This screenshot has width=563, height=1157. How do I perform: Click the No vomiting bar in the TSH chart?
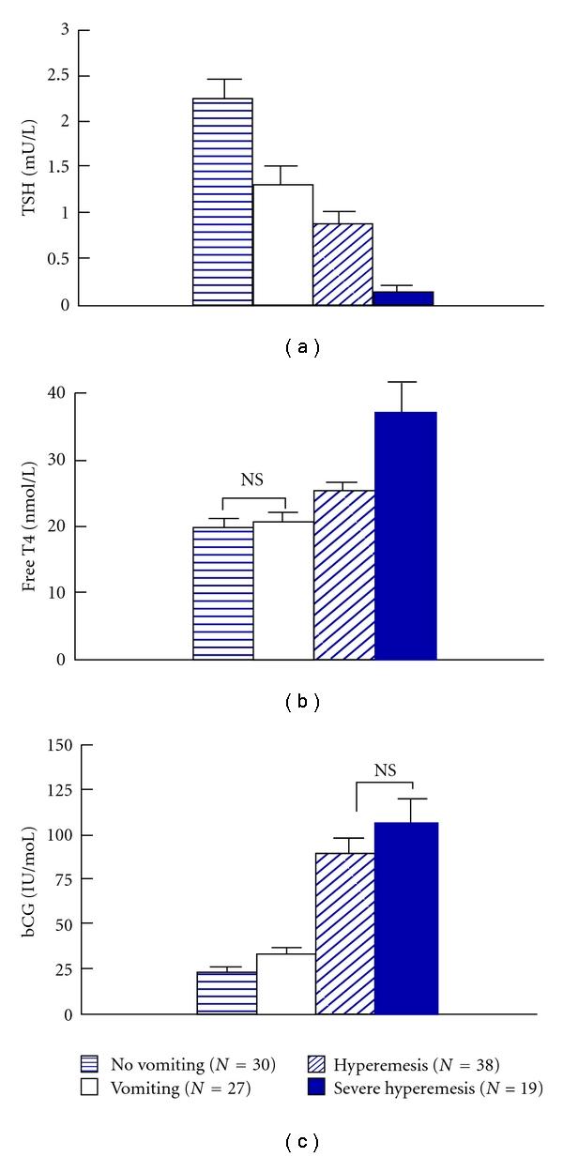[222, 202]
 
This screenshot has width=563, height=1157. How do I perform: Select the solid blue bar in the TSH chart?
[403, 298]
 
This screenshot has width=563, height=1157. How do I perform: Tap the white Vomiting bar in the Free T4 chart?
[283, 590]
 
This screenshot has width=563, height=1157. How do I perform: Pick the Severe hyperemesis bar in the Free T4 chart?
[405, 535]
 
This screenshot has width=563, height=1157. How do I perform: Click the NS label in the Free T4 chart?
[252, 480]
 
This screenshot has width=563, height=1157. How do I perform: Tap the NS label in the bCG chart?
[385, 770]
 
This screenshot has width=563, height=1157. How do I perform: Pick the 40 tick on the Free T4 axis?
[62, 393]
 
